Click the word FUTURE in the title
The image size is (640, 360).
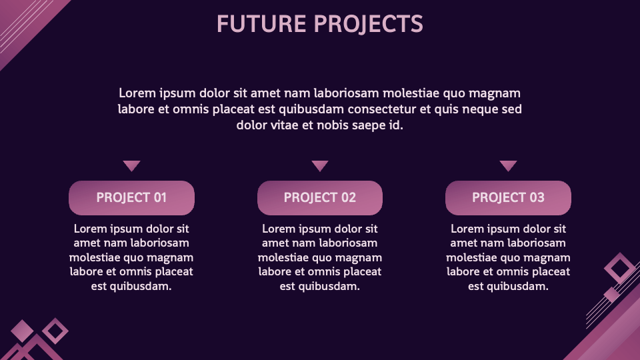(x=261, y=24)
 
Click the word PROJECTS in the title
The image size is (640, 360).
(x=369, y=24)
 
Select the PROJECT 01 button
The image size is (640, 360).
(x=131, y=198)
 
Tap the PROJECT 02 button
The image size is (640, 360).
(x=320, y=198)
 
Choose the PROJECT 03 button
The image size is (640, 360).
(x=508, y=198)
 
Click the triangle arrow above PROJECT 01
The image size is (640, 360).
(x=131, y=165)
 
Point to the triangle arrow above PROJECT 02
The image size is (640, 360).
(x=320, y=165)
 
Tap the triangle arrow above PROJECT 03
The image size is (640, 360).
(x=508, y=165)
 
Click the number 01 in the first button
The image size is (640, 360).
(x=160, y=197)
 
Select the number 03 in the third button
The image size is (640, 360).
(x=537, y=197)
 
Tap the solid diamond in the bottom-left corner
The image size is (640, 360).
(x=22, y=331)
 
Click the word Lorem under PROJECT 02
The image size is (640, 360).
(x=276, y=229)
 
